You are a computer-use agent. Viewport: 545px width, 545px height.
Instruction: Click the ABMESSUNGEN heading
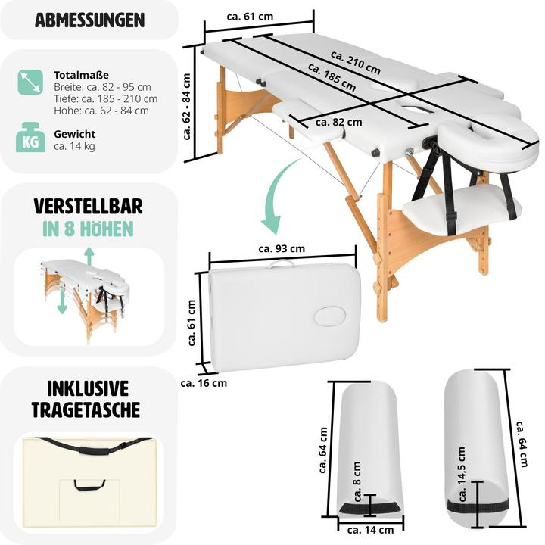point(89,20)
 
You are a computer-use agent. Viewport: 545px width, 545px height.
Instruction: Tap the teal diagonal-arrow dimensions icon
point(30,82)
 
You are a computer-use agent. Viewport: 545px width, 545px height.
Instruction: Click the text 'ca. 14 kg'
point(74,146)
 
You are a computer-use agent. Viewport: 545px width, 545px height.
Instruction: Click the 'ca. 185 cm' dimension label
point(332,78)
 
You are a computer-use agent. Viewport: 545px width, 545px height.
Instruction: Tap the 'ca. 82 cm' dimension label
point(338,121)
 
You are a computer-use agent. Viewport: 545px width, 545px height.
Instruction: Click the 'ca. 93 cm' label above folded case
point(282,248)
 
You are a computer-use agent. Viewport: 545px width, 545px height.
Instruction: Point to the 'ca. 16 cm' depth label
point(204,383)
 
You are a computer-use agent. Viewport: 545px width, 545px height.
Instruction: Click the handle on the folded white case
point(282,264)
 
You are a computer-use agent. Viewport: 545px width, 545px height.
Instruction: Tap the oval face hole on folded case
point(330,316)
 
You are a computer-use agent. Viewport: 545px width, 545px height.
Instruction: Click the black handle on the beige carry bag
point(89,485)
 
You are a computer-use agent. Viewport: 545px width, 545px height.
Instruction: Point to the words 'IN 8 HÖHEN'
point(89,229)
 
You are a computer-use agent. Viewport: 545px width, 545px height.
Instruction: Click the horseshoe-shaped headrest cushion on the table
point(472,137)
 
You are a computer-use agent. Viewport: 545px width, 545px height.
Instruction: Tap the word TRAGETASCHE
point(86,410)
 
